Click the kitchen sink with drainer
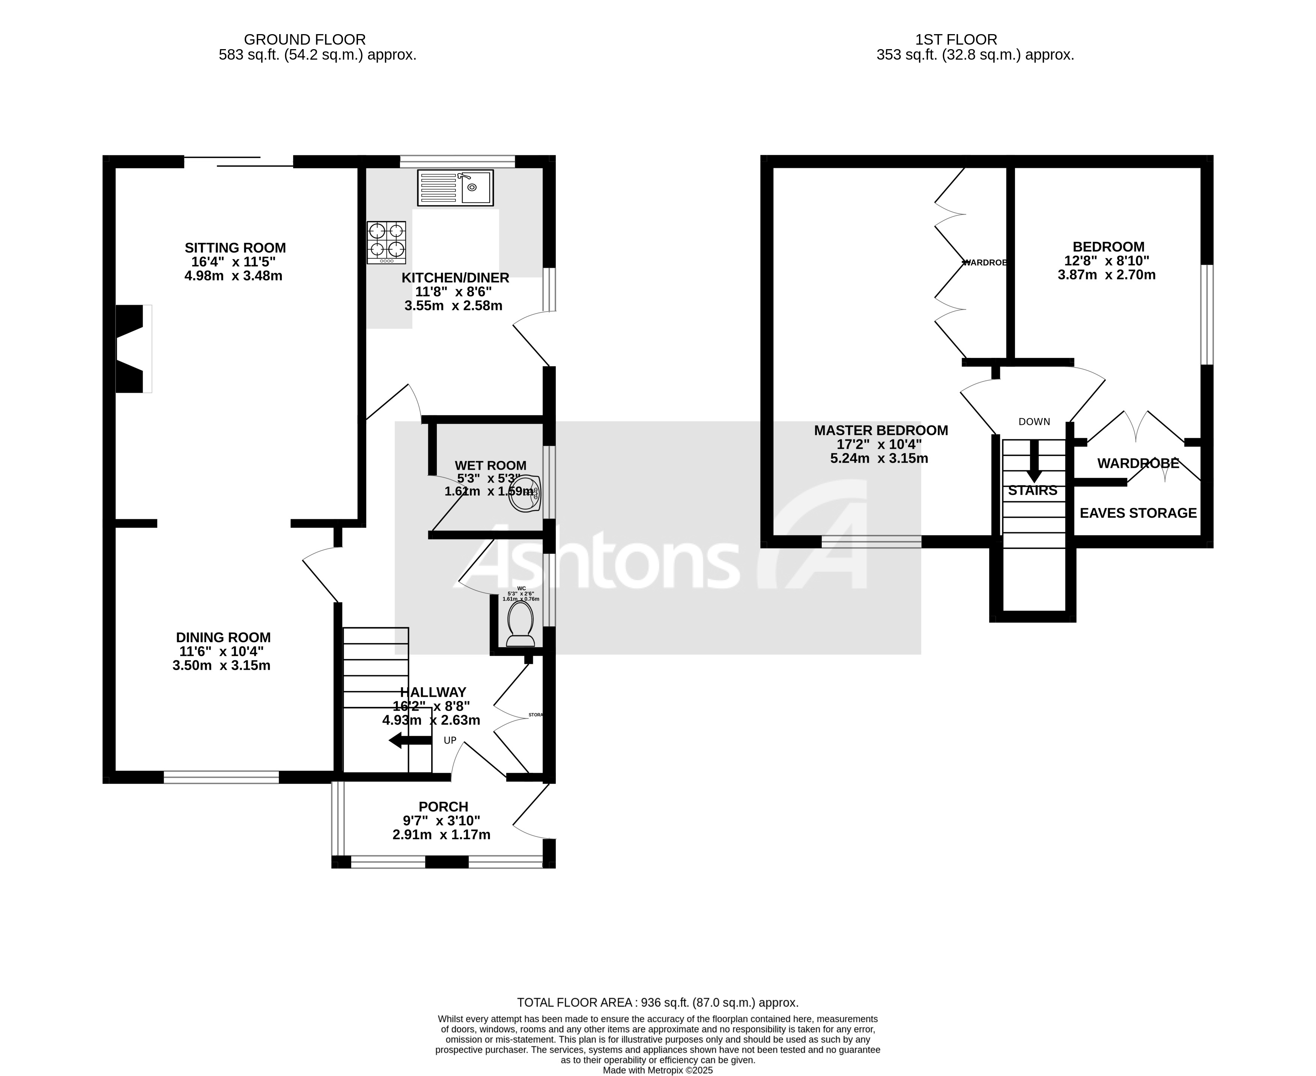pos(456,188)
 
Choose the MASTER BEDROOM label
pos(880,430)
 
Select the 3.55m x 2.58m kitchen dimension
pos(453,305)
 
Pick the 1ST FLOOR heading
pos(956,40)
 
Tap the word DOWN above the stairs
pos(1034,421)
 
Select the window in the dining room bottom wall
pos(221,777)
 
